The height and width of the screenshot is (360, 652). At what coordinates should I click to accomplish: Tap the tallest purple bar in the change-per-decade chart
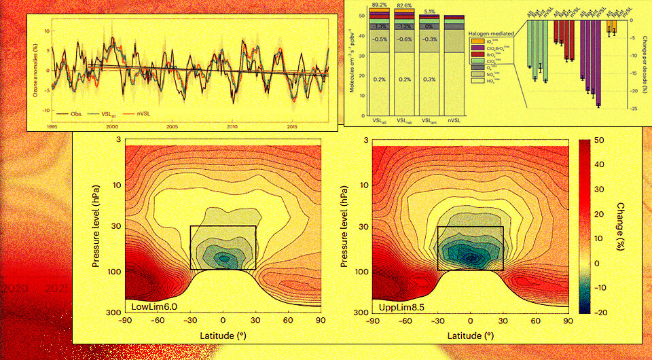[598, 64]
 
